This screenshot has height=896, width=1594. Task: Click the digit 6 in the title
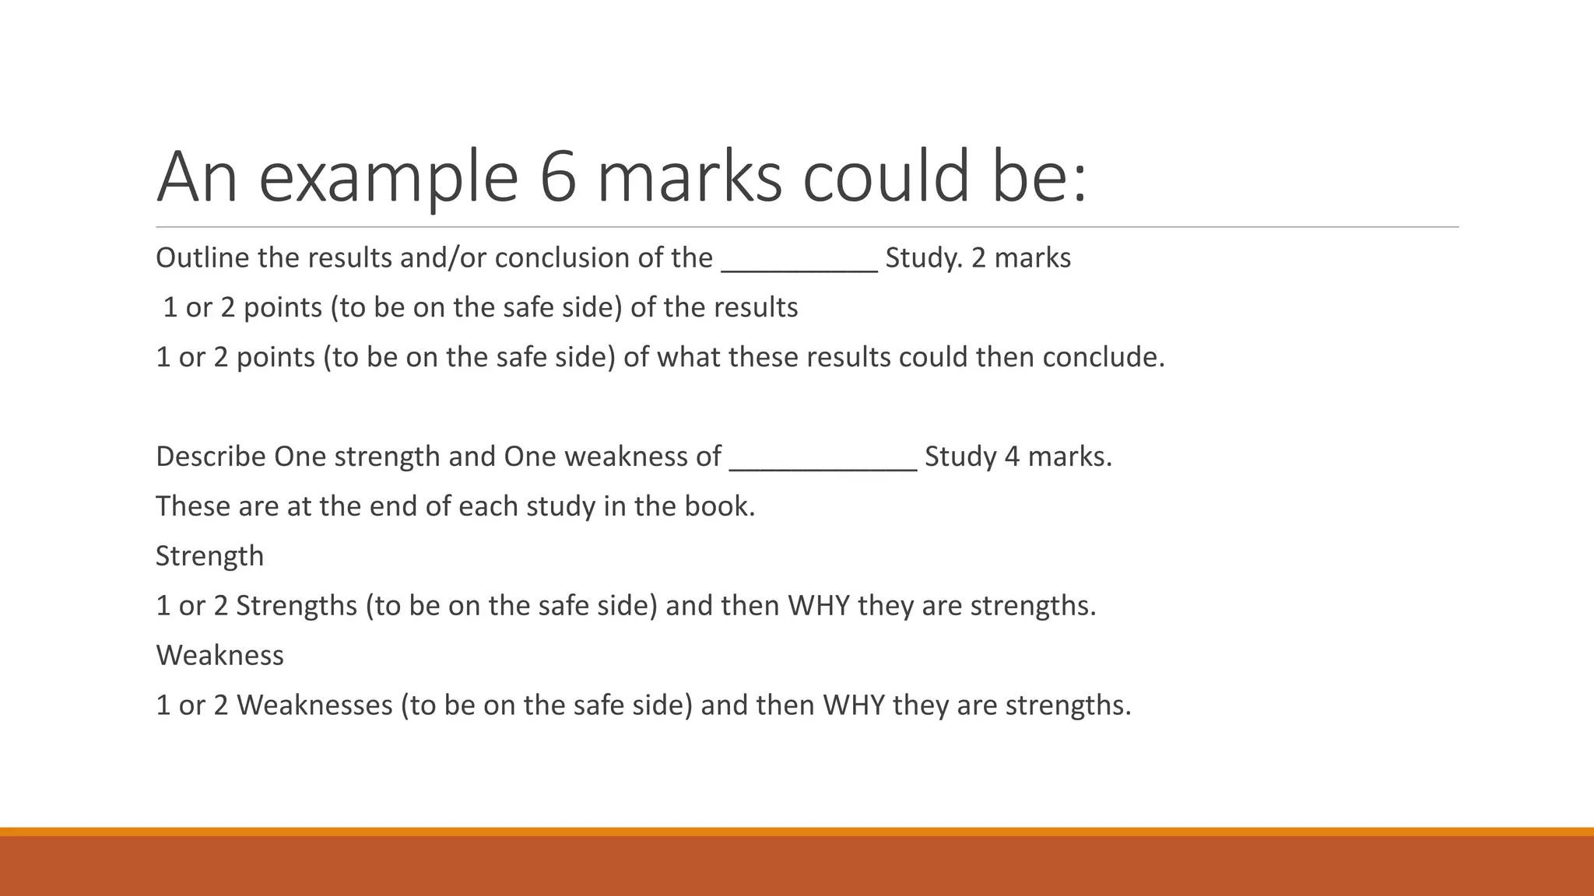557,177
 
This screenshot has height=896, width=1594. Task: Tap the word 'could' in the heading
886,177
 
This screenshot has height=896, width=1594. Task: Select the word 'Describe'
211,457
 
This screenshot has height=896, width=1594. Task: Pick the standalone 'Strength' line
210,556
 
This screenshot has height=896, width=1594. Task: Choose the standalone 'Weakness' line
219,656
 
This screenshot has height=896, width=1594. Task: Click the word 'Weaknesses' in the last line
314,705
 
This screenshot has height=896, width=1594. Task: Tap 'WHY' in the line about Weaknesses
854,705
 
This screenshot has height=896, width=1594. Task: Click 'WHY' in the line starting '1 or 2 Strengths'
819,606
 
